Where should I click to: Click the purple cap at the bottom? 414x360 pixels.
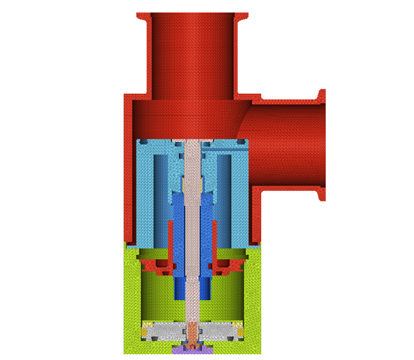(192, 349)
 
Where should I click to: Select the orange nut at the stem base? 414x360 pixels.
(192, 331)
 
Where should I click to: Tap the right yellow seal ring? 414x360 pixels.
(240, 330)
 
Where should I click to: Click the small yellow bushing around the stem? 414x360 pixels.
(192, 184)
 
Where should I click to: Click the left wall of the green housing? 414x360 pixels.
(131, 298)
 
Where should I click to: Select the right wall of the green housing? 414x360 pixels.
(254, 298)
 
